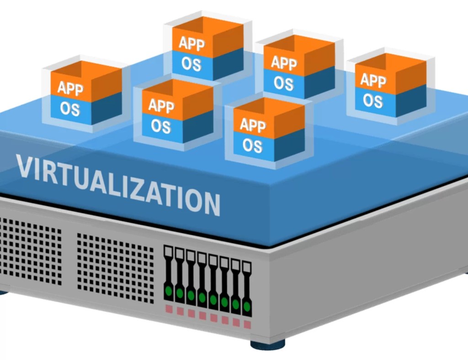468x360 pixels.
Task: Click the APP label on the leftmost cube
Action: click(x=70, y=88)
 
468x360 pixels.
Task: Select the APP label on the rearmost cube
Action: click(x=191, y=43)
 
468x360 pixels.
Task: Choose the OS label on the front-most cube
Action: click(x=252, y=145)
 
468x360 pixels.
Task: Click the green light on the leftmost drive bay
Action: click(x=168, y=290)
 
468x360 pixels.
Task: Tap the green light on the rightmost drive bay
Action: click(x=247, y=305)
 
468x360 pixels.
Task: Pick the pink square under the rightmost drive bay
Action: click(x=247, y=324)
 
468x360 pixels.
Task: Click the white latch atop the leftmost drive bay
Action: click(x=168, y=251)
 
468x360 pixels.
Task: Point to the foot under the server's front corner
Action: click(x=268, y=344)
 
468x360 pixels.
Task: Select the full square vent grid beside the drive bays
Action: click(x=115, y=267)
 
